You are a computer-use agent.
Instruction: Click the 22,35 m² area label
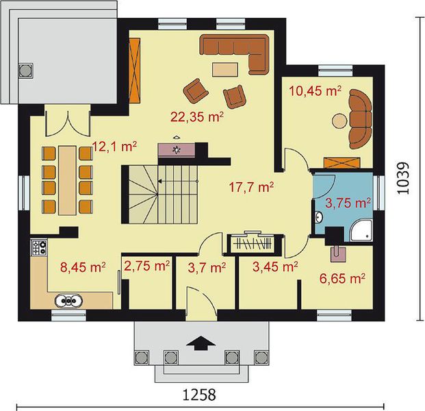[197, 117]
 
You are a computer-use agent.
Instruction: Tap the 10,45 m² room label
[315, 91]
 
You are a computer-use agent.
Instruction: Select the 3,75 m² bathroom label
[348, 203]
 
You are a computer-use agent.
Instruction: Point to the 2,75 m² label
[147, 266]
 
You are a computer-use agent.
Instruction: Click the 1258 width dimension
[199, 395]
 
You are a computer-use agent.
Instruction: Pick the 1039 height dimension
[402, 177]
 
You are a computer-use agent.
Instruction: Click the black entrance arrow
[201, 343]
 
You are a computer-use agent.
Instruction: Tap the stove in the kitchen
[39, 247]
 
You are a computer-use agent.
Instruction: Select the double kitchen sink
[68, 301]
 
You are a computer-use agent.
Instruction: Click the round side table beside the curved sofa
[339, 121]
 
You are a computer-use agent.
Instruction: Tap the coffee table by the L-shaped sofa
[225, 69]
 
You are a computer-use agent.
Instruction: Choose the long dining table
[67, 180]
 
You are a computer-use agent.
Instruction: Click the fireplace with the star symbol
[177, 149]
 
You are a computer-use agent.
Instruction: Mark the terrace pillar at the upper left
[26, 71]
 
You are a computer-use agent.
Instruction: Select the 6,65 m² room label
[342, 279]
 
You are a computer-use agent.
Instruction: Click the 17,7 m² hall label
[251, 187]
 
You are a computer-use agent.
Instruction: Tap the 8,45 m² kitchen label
[83, 267]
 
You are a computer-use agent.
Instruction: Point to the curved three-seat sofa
[361, 119]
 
